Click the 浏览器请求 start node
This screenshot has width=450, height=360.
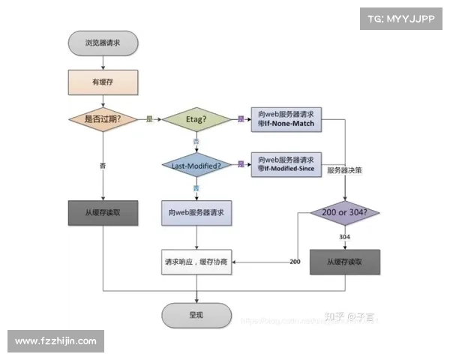tap(102, 44)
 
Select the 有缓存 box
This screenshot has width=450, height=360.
tap(102, 80)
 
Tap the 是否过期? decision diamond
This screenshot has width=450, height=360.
tap(103, 119)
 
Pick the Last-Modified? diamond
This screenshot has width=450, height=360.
tap(196, 164)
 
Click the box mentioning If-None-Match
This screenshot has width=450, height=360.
tap(285, 118)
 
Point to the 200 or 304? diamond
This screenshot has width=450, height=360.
tap(345, 213)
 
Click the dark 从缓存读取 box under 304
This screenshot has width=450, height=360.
tap(345, 262)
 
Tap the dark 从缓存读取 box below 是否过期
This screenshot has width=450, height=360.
tap(103, 213)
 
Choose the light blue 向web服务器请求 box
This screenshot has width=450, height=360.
tap(196, 213)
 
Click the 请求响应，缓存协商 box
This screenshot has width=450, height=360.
tap(196, 262)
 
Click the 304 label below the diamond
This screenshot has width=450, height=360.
tap(345, 237)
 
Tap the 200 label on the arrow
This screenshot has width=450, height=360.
tap(295, 261)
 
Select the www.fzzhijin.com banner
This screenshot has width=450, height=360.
tap(56, 341)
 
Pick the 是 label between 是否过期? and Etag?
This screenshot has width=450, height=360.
tap(149, 118)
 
